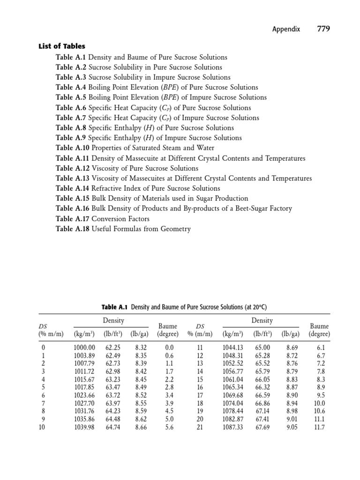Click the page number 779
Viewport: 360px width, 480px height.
click(x=323, y=29)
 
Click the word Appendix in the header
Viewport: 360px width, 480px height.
click(x=287, y=30)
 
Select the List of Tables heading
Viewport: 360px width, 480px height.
click(x=61, y=46)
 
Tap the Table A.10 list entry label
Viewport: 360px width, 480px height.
click(x=71, y=148)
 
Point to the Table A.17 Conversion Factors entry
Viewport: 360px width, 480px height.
click(x=103, y=219)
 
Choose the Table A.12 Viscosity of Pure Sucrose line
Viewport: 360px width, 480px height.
click(x=127, y=168)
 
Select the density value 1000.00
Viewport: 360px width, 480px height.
click(x=84, y=347)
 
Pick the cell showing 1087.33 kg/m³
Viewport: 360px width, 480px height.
click(x=233, y=427)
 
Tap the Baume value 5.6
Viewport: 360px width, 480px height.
click(x=170, y=427)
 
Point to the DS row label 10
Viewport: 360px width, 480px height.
click(x=42, y=427)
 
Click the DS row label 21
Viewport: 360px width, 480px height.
click(x=200, y=427)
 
